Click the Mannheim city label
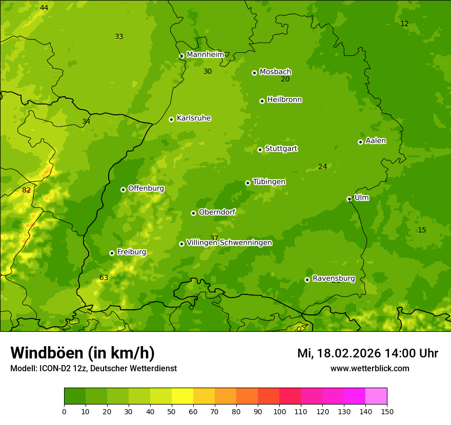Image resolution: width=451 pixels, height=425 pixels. click(205, 55)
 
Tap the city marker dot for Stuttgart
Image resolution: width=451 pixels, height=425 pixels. click(260, 150)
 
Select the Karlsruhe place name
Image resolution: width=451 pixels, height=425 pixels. click(193, 118)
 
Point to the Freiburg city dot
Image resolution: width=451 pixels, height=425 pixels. click(112, 253)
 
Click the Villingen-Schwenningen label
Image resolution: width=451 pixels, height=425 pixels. click(229, 243)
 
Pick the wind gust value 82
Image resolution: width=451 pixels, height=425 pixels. click(27, 190)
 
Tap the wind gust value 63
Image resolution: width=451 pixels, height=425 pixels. click(104, 278)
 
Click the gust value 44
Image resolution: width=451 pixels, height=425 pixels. click(44, 8)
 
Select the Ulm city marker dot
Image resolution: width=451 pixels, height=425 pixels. click(349, 199)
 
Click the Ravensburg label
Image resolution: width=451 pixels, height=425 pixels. click(333, 279)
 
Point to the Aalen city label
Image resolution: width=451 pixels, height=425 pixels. click(375, 141)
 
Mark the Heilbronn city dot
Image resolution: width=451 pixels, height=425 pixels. click(262, 101)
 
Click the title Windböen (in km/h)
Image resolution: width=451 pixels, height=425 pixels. click(83, 353)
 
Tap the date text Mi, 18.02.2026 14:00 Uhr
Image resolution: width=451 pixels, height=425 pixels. click(367, 353)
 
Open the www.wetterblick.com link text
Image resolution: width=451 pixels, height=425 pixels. click(370, 368)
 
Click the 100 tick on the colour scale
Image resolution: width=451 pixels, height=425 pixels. click(279, 411)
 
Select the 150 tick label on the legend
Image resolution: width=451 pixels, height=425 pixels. click(387, 411)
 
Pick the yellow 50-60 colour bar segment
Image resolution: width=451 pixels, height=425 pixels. click(182, 396)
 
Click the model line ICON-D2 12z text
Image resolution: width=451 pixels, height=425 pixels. click(93, 369)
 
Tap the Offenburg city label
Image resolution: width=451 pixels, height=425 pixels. click(146, 188)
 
